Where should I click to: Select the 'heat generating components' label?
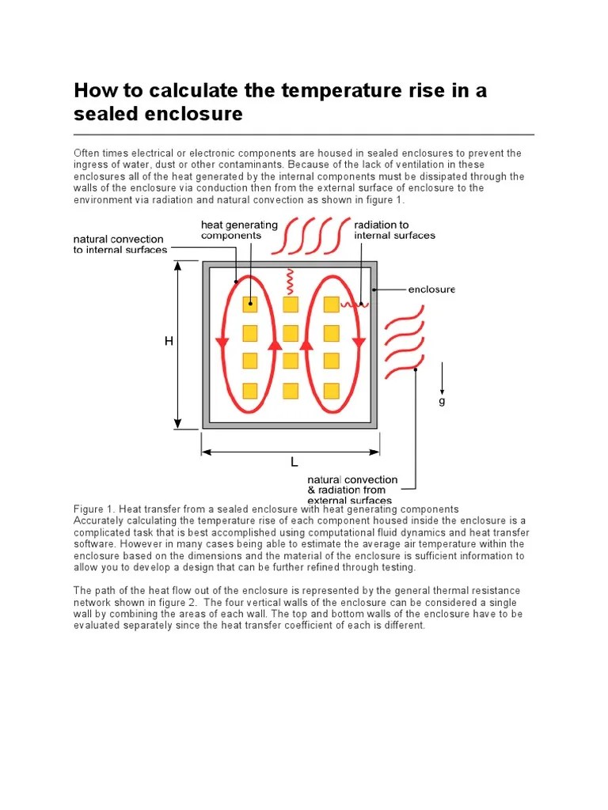(x=239, y=230)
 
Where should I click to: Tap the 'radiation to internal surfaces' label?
(x=394, y=230)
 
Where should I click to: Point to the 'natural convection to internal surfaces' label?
(x=119, y=244)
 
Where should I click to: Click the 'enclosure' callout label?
(x=431, y=290)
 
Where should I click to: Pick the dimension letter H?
(x=168, y=341)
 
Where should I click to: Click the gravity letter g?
(x=442, y=401)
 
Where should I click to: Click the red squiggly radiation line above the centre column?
(x=291, y=279)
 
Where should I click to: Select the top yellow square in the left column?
(x=250, y=304)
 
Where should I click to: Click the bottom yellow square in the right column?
(x=332, y=390)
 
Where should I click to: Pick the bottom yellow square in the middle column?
(x=291, y=390)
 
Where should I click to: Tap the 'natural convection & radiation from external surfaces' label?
(x=352, y=490)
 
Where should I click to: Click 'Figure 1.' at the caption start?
(x=95, y=509)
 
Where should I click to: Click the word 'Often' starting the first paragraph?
(x=88, y=153)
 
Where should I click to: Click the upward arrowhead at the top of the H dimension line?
(x=178, y=266)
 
